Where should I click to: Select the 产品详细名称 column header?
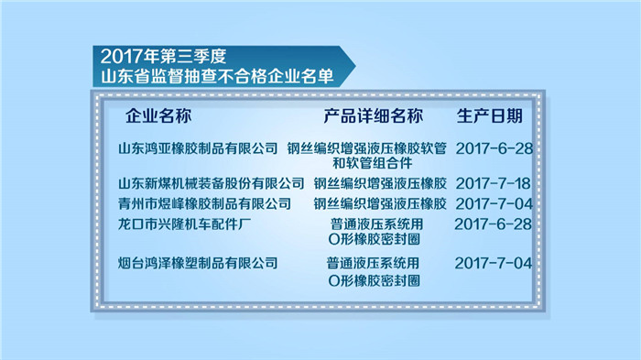pyautogui.click(x=373, y=116)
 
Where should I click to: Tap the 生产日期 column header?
pyautogui.click(x=490, y=116)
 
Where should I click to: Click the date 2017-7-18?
pyautogui.click(x=493, y=182)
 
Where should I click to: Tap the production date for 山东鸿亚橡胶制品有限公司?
pyautogui.click(x=493, y=147)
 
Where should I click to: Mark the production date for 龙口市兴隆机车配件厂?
pyautogui.click(x=493, y=224)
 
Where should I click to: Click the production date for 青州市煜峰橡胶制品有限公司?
pyautogui.click(x=493, y=202)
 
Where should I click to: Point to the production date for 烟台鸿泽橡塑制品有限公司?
pyautogui.click(x=493, y=263)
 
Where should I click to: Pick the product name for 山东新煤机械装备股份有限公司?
pyautogui.click(x=379, y=182)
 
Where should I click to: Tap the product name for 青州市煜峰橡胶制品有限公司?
pyautogui.click(x=379, y=202)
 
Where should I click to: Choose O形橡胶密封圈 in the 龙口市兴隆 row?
pyautogui.click(x=373, y=241)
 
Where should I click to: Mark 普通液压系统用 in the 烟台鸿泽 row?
pyautogui.click(x=373, y=263)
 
